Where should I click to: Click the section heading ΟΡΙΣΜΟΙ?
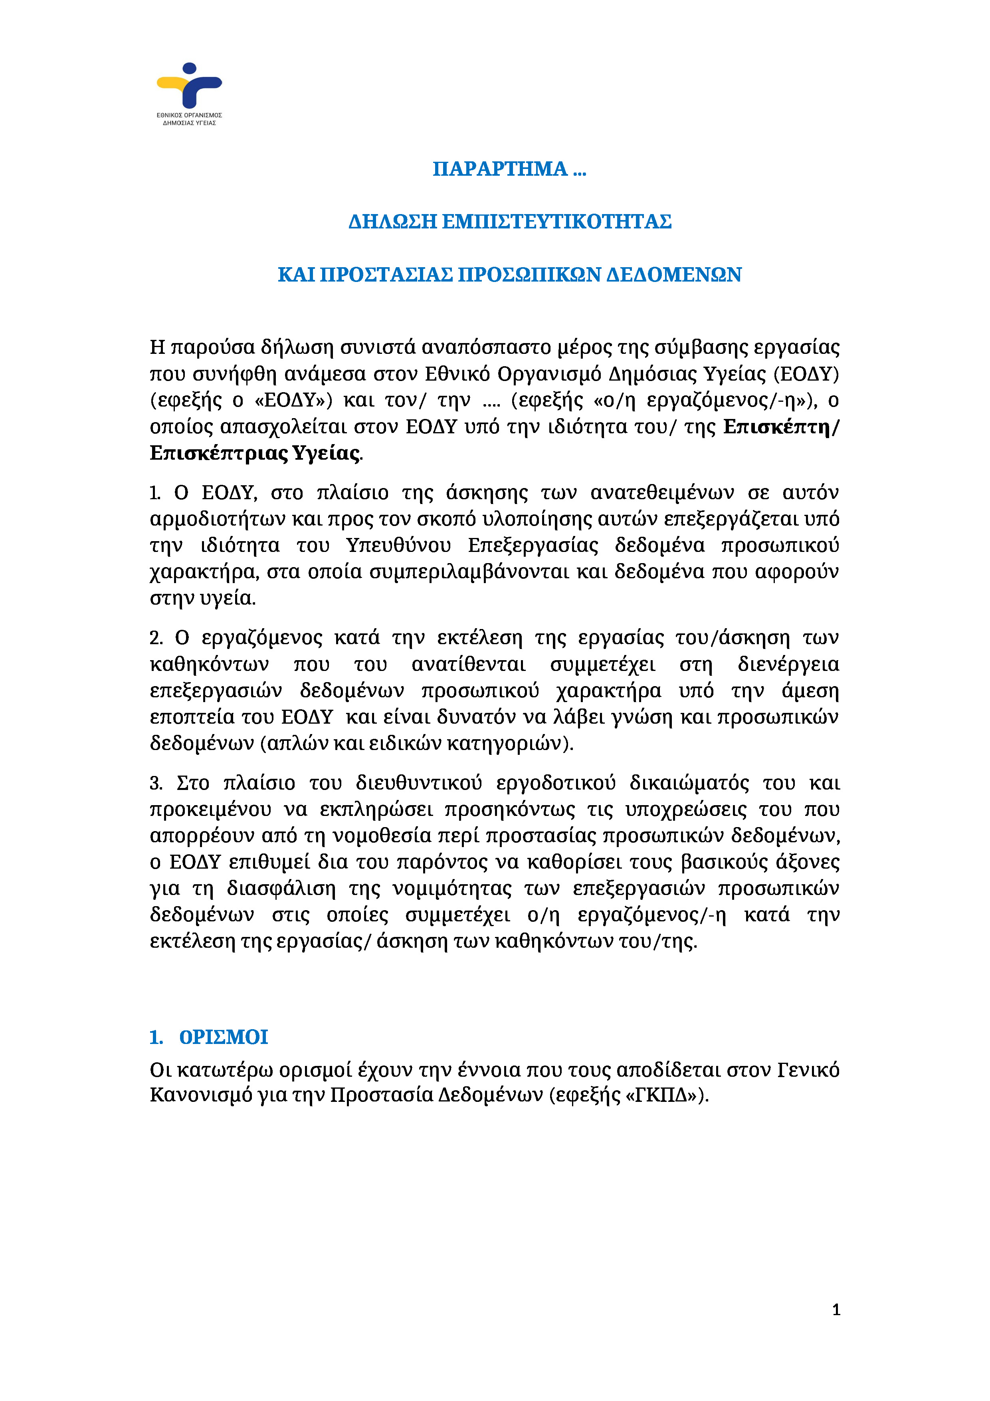pyautogui.click(x=223, y=1037)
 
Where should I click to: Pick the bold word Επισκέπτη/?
pyautogui.click(x=781, y=427)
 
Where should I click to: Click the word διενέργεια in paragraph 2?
pyautogui.click(x=788, y=665)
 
